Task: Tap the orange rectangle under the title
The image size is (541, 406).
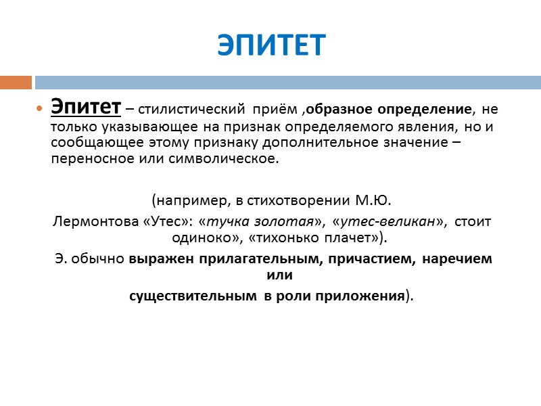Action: [16, 83]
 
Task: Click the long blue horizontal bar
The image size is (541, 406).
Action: [287, 83]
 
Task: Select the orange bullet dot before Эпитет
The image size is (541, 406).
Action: [39, 109]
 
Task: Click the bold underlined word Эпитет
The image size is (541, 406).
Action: [86, 107]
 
